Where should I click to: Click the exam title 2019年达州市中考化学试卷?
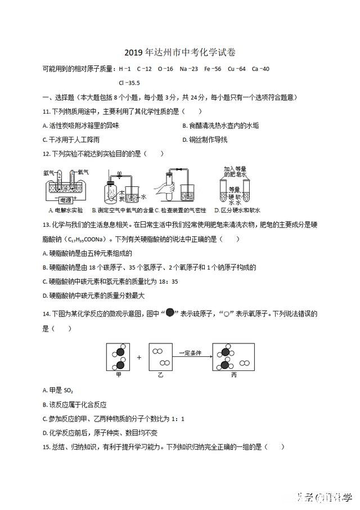coord(179,52)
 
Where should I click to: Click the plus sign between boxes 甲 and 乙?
coord(139,356)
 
